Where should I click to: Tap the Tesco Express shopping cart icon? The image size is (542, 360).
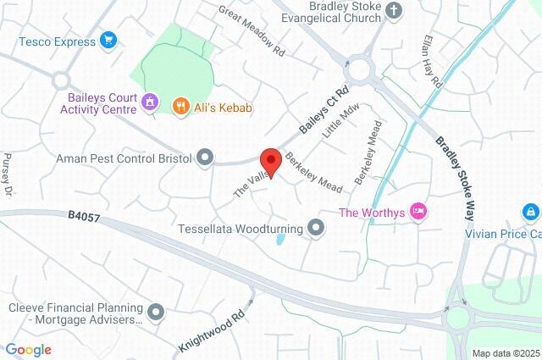point(108,39)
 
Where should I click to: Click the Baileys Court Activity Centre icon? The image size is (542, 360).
point(150,102)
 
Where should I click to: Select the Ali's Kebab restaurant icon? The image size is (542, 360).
point(180,106)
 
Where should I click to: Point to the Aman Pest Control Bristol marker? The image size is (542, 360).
point(205,157)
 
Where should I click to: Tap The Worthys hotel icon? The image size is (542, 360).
point(417,211)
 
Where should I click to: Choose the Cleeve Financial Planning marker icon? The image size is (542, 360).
point(156,313)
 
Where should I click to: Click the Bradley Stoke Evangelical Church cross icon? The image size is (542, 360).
point(393,10)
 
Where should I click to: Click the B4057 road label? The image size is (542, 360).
point(85,218)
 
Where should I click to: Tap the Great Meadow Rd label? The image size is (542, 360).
point(251,32)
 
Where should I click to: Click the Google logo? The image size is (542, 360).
point(28,350)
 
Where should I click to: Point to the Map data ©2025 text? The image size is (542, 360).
point(506,353)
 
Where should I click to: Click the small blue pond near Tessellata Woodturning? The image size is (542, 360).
point(279,240)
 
